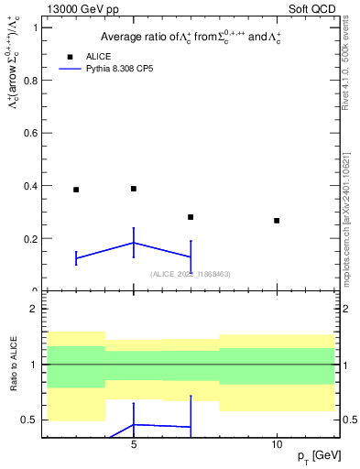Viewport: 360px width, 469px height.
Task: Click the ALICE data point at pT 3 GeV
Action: (x=76, y=190)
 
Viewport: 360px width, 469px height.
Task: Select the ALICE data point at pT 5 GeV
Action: (x=134, y=189)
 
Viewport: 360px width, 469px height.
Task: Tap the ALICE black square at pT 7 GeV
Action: (x=191, y=217)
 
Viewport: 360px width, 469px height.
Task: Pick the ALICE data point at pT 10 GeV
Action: (x=277, y=221)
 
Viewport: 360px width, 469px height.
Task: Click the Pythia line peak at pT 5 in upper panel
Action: (x=134, y=243)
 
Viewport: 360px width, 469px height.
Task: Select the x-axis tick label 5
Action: (x=134, y=444)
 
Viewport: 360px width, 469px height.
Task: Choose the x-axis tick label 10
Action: (x=277, y=444)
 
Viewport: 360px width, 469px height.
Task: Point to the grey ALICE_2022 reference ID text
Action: (x=191, y=273)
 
